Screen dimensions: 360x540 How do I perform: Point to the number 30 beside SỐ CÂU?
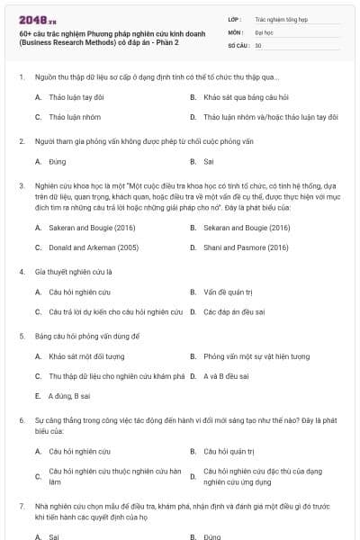[258, 45]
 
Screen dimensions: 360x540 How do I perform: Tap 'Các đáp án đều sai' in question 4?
[233, 312]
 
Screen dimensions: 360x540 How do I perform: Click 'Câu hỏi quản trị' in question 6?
[230, 450]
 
